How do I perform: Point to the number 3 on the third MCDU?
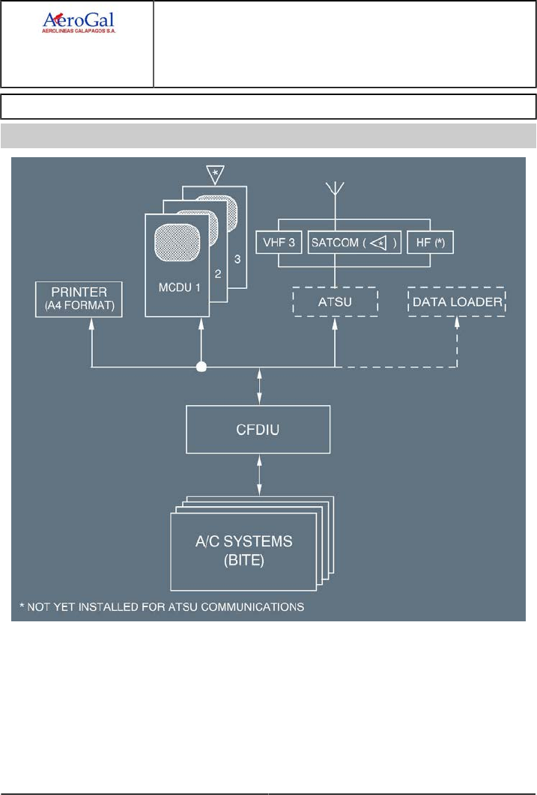tap(238, 258)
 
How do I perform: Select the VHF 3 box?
tap(279, 243)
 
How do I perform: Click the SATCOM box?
tap(354, 243)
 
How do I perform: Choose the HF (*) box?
tap(431, 243)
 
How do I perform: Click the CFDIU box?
tap(259, 431)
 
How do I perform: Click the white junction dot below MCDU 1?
tap(200, 368)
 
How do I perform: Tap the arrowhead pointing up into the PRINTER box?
tap(91, 323)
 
